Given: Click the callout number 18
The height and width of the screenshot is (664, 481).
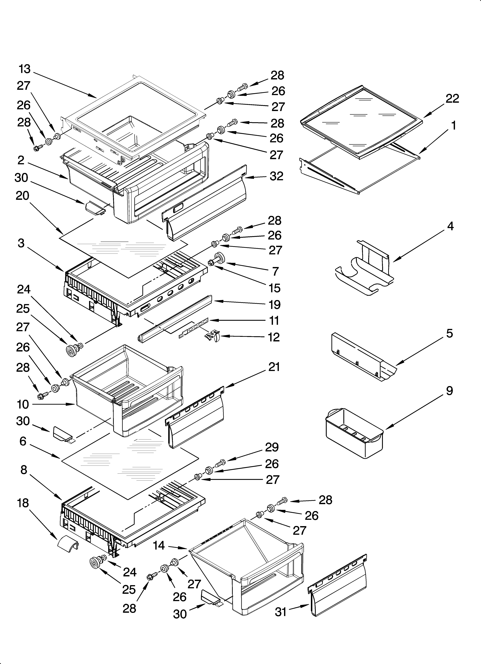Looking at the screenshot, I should [x=23, y=503].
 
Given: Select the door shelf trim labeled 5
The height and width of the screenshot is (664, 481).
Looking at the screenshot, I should [x=363, y=357].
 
